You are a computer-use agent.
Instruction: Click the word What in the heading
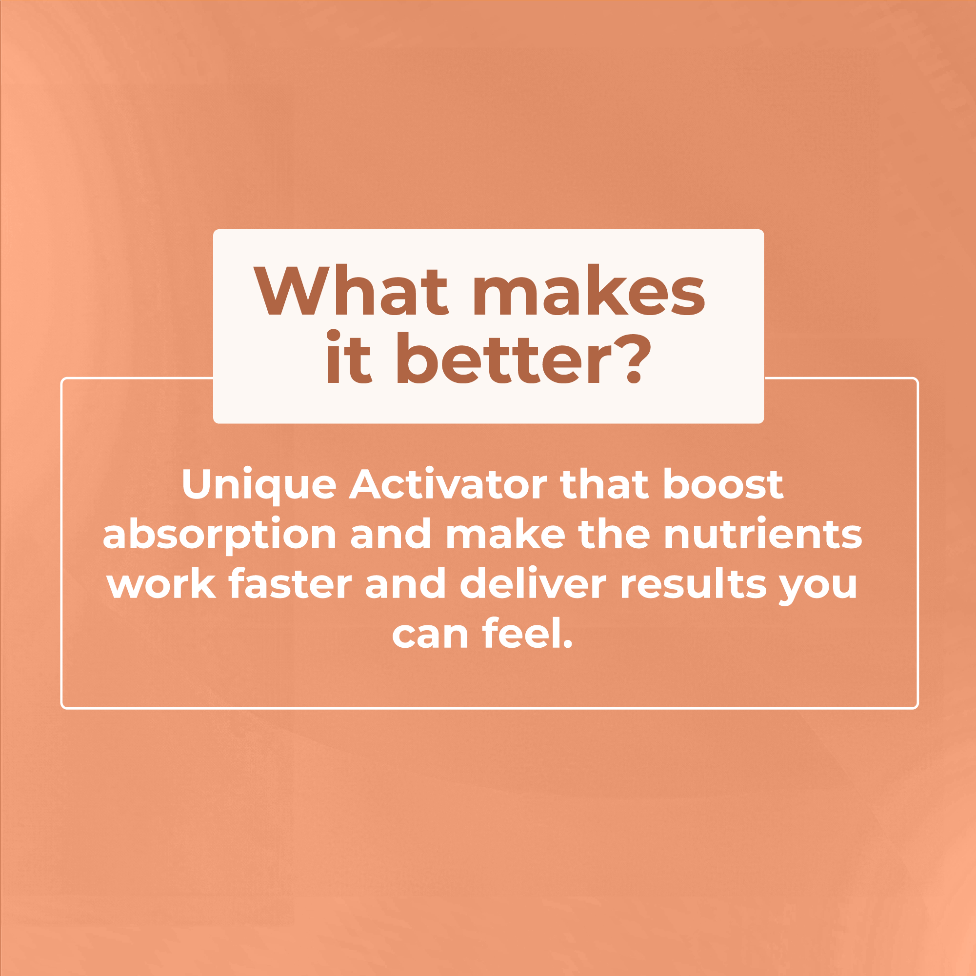351,289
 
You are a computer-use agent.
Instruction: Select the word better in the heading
504,358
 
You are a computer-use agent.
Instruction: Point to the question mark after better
632,358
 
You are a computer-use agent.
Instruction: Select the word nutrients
763,535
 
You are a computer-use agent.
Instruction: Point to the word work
161,584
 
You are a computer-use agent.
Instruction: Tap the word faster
290,584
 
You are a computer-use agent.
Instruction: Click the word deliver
533,584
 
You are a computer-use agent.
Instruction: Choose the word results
693,584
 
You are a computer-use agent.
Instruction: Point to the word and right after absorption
391,535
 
